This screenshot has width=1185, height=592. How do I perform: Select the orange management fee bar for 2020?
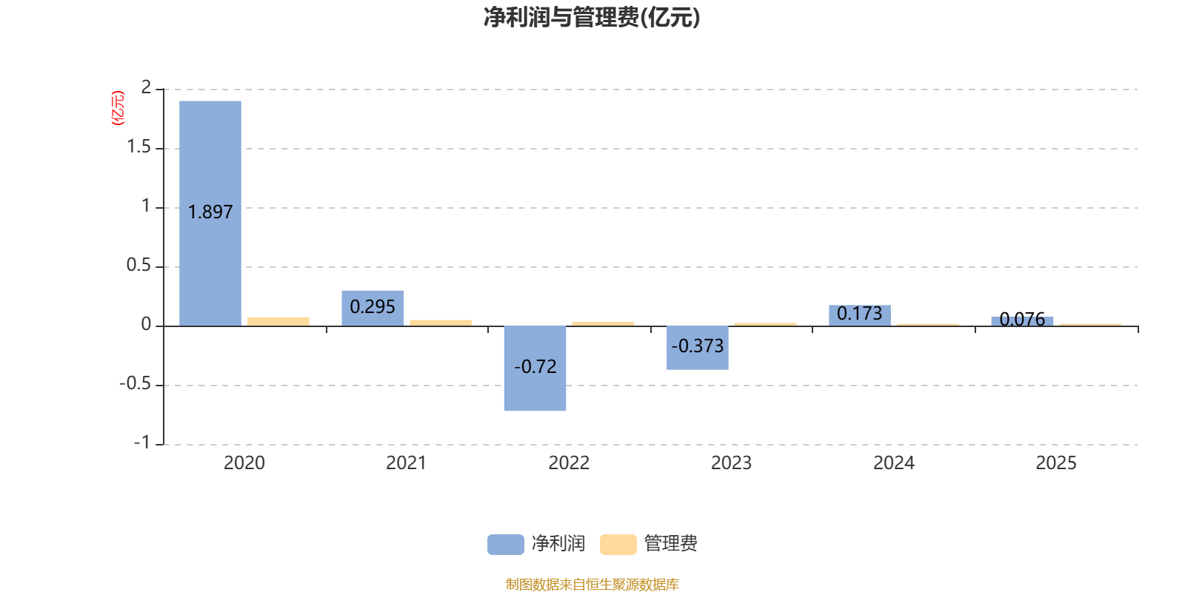point(278,321)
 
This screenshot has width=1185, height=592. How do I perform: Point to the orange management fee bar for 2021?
point(441,323)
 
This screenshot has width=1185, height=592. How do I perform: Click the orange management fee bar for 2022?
point(603,323)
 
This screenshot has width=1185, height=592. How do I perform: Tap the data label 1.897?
point(210,212)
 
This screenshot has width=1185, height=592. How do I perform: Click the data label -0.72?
point(535,367)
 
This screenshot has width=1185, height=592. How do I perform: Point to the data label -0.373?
point(697,346)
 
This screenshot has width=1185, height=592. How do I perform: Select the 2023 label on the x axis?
point(731,463)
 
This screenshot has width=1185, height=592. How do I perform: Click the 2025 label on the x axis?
point(1055,463)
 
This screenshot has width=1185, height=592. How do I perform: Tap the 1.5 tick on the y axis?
point(138,147)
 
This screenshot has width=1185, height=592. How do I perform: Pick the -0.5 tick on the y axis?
point(135,384)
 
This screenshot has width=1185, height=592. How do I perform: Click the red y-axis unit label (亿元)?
point(117,108)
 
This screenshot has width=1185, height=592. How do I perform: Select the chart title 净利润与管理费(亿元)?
point(592,17)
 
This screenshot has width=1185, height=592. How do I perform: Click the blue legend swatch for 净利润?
point(505,545)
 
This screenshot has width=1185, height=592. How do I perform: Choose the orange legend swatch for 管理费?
point(618,545)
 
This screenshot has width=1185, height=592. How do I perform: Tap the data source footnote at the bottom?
point(592,585)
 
